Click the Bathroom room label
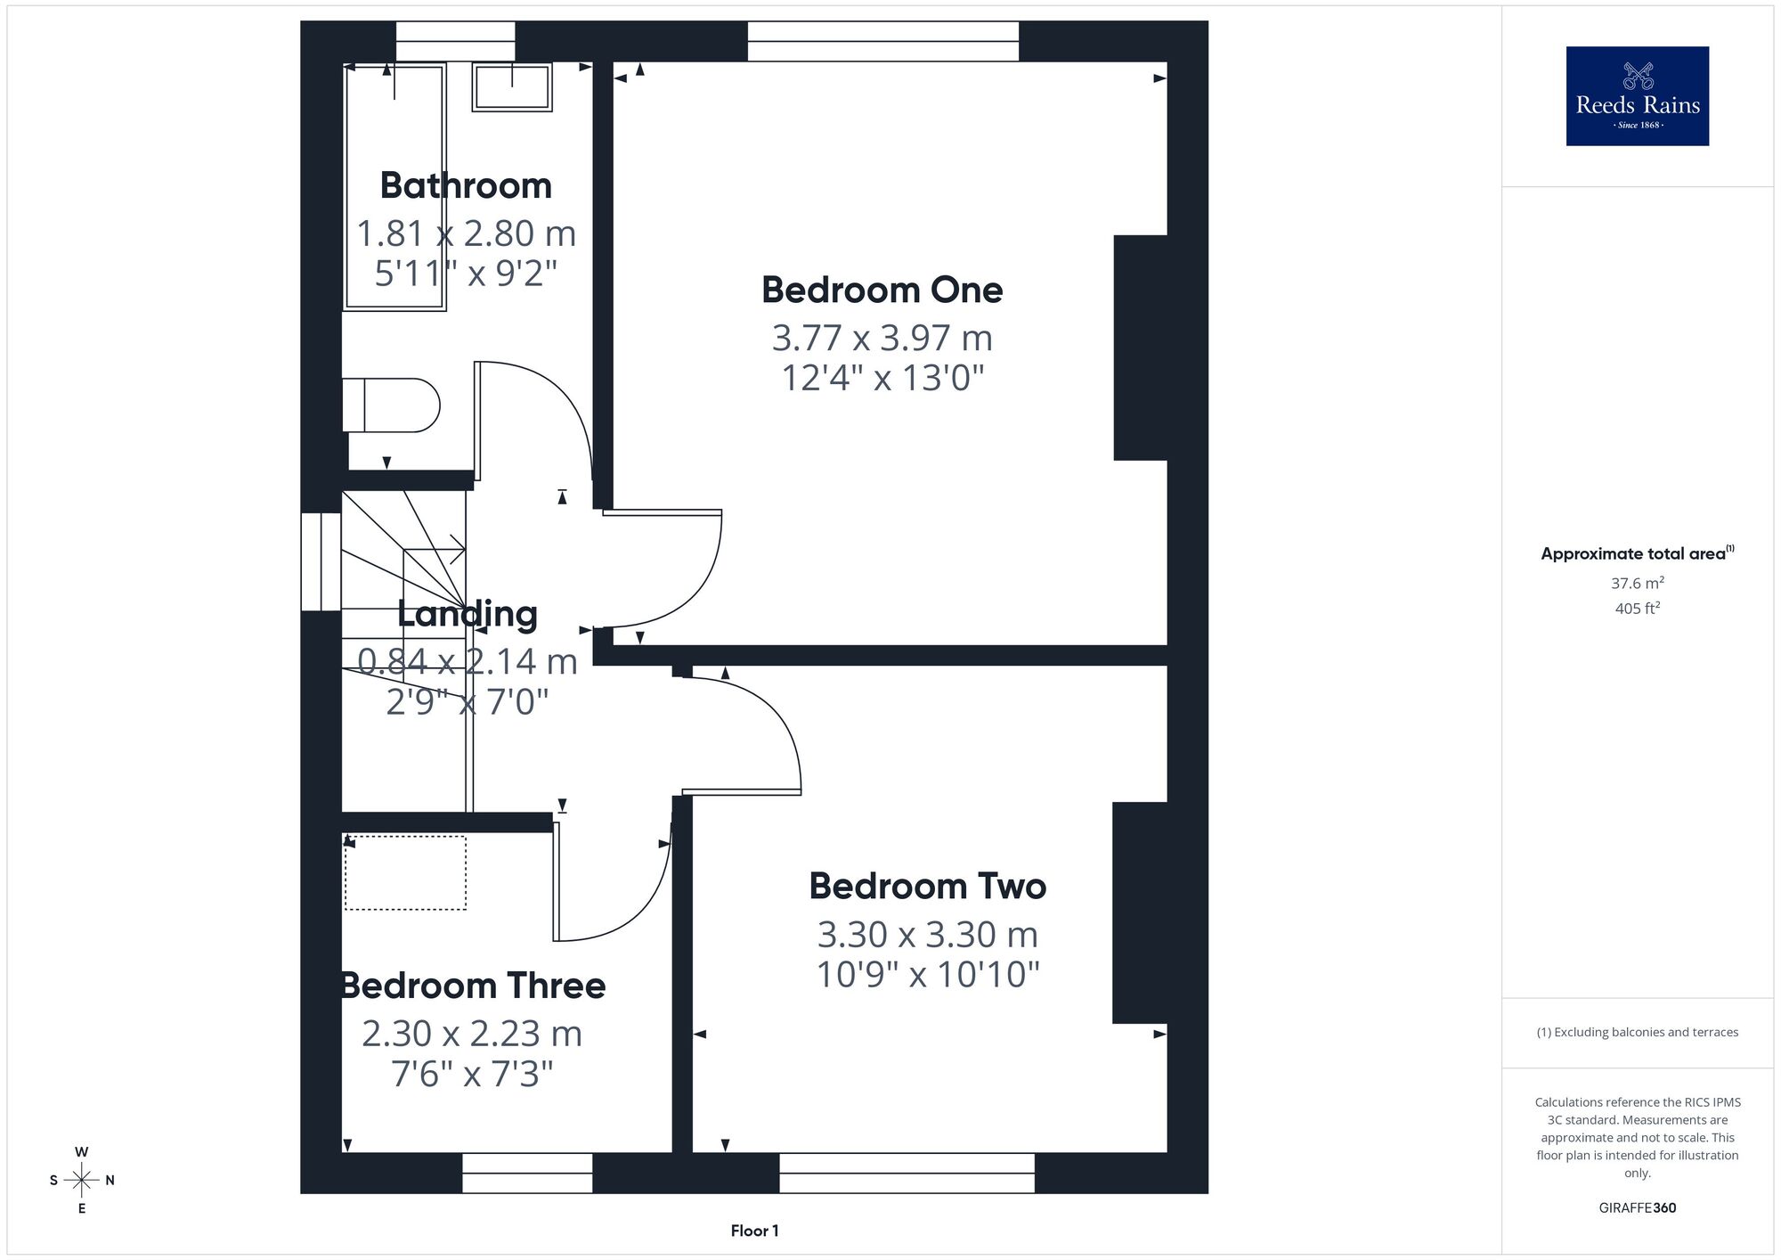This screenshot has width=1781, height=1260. pos(466,185)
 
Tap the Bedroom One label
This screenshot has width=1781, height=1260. pos(882,290)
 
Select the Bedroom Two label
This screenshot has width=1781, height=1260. pos(927,886)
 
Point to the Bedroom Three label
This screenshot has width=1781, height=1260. pos(473,986)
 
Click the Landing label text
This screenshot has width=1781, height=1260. pos(467,613)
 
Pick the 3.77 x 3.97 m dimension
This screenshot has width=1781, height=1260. pos(882,338)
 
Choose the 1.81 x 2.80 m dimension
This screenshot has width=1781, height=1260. pos(466,233)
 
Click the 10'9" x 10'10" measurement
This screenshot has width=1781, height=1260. pos(927,974)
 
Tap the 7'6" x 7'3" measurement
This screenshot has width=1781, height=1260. pos(472,1074)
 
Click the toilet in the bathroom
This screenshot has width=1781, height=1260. pos(391,405)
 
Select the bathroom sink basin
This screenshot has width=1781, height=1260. pos(512,86)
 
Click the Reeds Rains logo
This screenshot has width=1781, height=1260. pos(1637,96)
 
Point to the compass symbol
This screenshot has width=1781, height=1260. pos(82,1181)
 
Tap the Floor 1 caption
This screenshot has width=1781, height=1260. pos(754,1231)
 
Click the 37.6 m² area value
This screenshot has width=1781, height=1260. pos(1637,584)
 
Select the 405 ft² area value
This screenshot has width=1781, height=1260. pos(1637,609)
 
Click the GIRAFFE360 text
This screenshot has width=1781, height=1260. pos(1637,1208)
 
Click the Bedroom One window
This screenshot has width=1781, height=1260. pos(882,41)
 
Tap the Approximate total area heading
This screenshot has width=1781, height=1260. pos(1637,553)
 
